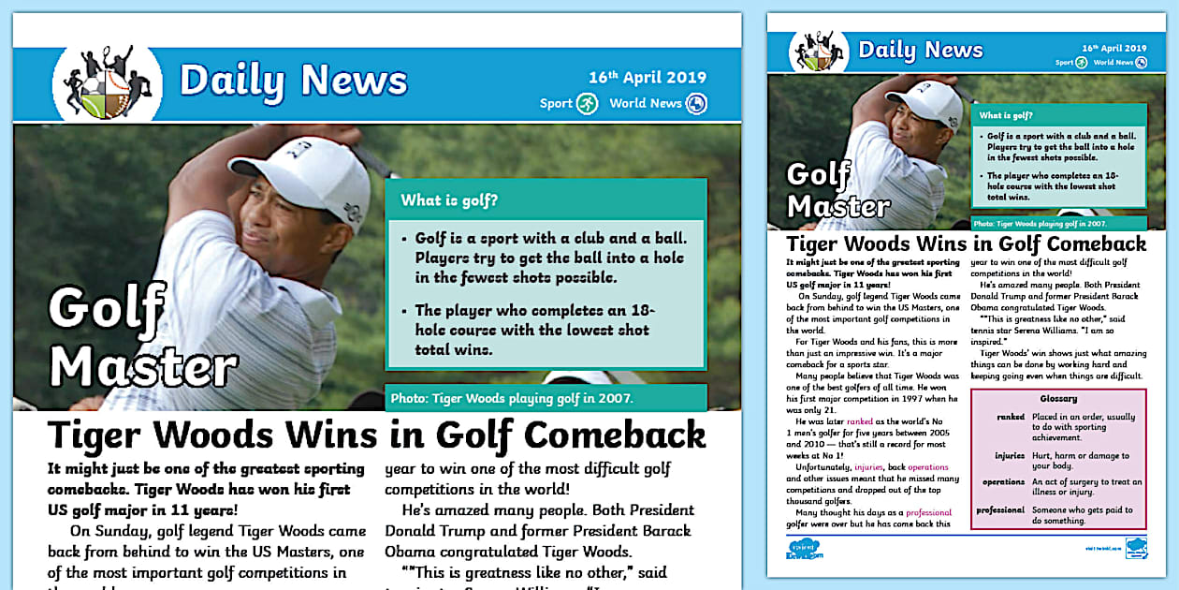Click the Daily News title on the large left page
pyautogui.click(x=293, y=81)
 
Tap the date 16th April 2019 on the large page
pyautogui.click(x=647, y=78)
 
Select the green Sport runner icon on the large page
pyautogui.click(x=587, y=103)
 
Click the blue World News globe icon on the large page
pyautogui.click(x=695, y=103)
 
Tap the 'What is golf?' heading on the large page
pyautogui.click(x=449, y=200)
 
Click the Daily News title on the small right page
pyautogui.click(x=920, y=50)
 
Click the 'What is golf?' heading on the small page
pyautogui.click(x=1006, y=116)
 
